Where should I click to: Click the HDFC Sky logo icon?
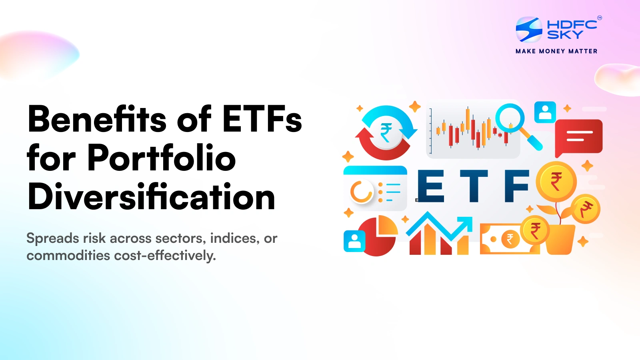point(529,29)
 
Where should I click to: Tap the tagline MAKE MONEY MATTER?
point(556,51)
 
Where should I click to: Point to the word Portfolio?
point(162,158)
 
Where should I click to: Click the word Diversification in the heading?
point(151,197)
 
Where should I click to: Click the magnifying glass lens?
point(510,118)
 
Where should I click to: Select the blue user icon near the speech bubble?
point(545,112)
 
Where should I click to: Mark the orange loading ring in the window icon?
point(361,192)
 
